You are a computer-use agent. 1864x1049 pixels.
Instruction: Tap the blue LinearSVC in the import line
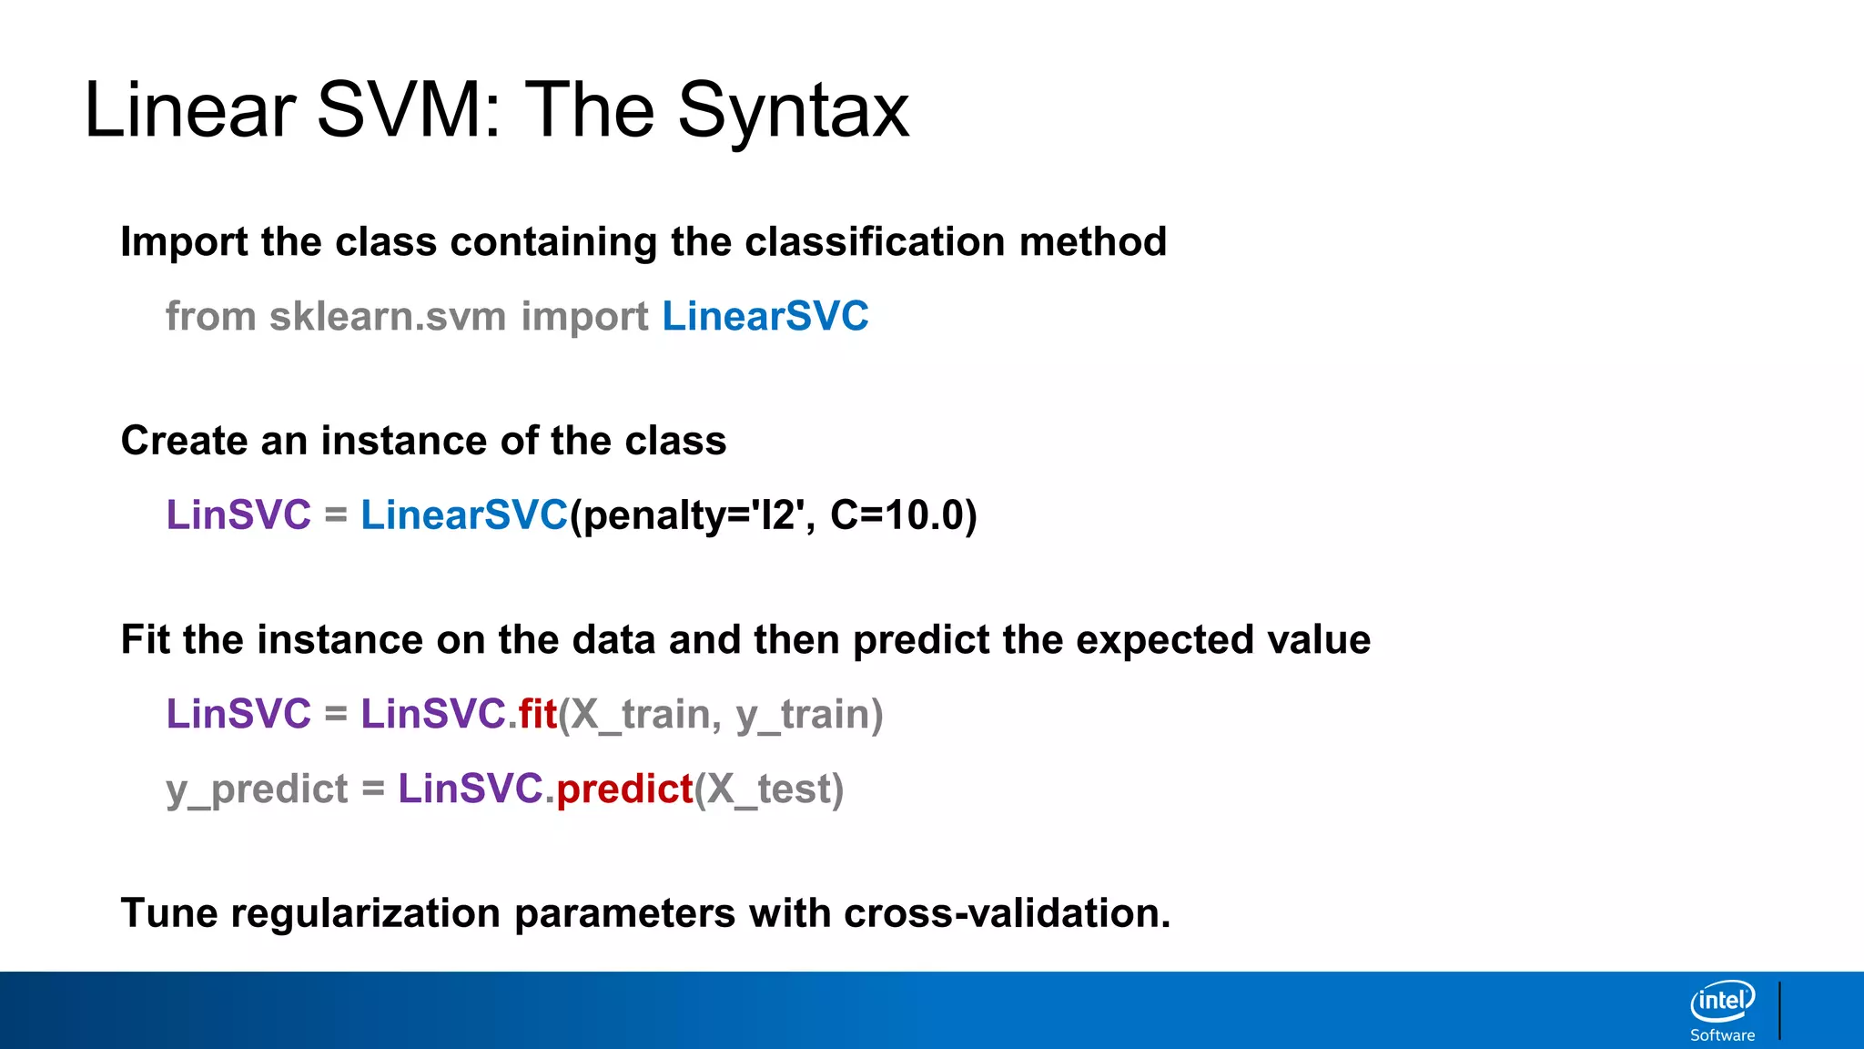click(765, 316)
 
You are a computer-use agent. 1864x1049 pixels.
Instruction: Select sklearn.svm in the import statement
click(387, 316)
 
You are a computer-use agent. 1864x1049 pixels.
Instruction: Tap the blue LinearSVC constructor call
click(464, 515)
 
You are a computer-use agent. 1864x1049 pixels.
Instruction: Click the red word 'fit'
click(537, 714)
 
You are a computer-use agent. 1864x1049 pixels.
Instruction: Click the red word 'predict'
click(624, 789)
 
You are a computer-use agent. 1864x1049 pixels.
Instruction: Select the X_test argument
click(770, 789)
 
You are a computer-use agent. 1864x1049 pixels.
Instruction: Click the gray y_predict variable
click(257, 789)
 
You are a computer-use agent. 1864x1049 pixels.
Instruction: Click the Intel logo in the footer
click(1722, 1002)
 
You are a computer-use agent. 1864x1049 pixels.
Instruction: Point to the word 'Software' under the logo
click(1722, 1035)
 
